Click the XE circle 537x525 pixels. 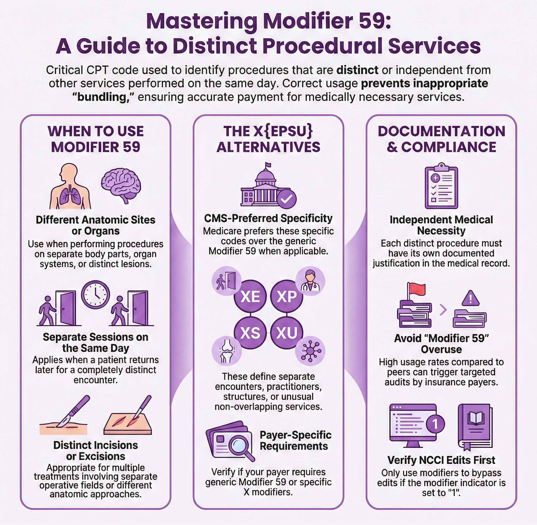click(x=250, y=296)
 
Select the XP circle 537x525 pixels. click(x=287, y=296)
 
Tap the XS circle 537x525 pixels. click(x=250, y=333)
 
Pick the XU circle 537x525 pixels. click(x=287, y=333)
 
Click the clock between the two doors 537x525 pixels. click(x=95, y=294)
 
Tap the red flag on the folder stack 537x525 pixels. click(x=417, y=289)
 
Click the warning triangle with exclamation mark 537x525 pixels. click(x=470, y=299)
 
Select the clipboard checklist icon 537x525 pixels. click(x=441, y=186)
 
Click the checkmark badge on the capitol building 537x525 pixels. click(x=287, y=199)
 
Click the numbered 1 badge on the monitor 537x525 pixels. click(x=435, y=424)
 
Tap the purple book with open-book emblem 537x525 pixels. click(x=475, y=426)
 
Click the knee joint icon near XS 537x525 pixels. click(x=227, y=351)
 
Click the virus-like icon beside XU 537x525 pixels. click(x=310, y=351)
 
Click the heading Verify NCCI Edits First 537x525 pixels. click(x=441, y=460)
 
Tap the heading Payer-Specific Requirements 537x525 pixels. click(x=295, y=440)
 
